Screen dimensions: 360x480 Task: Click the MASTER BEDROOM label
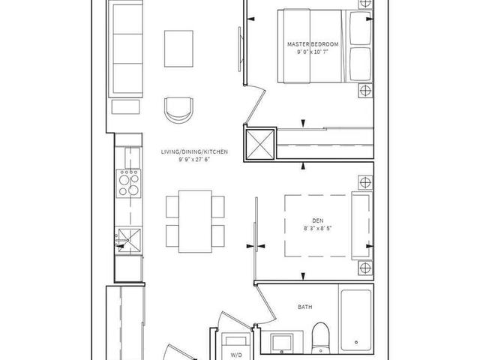point(313,45)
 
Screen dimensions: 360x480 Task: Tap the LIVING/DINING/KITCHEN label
point(193,152)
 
